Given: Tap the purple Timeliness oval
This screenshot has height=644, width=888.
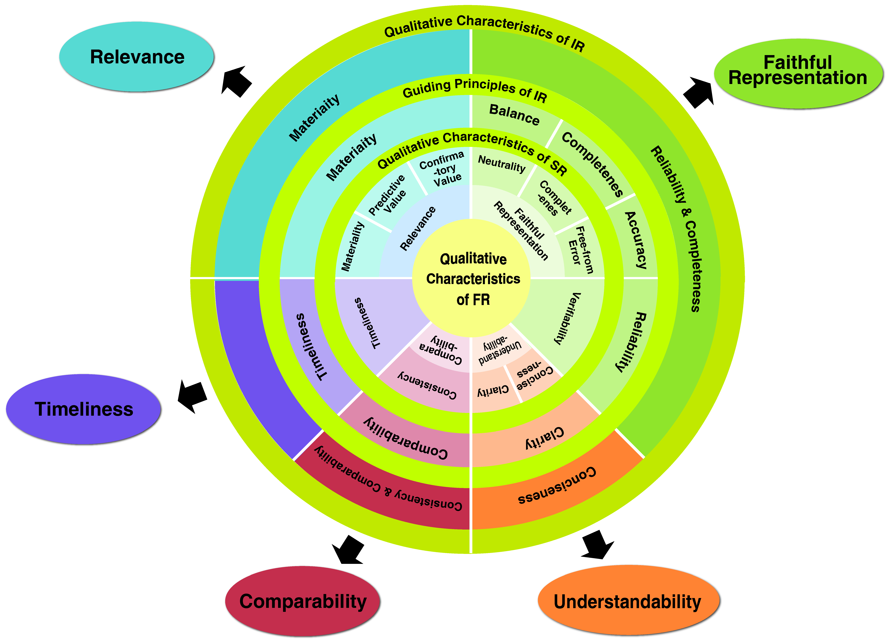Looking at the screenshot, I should point(84,409).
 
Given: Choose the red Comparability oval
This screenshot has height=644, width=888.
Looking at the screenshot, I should point(303,601).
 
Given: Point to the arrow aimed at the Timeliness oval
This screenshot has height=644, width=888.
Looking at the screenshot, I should point(192,396).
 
